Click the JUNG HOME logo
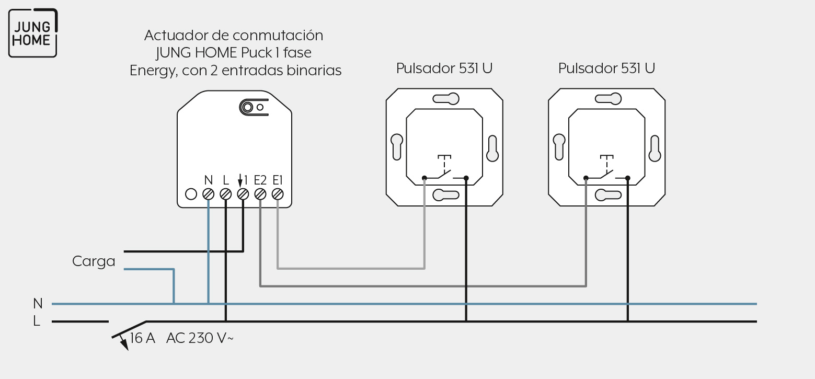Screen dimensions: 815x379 [x=33, y=33]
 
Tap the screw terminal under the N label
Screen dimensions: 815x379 [x=208, y=194]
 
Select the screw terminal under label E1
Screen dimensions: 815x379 [x=278, y=194]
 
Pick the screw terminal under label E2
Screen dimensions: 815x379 [x=260, y=194]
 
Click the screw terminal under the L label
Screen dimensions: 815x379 [x=226, y=194]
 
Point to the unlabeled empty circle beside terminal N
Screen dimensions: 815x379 [x=191, y=194]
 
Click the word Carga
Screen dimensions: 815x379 [x=94, y=261]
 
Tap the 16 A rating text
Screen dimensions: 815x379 [x=143, y=338]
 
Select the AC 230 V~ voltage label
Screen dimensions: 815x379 [x=200, y=338]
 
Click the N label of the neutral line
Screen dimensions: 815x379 [x=38, y=303]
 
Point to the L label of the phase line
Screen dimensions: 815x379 [x=37, y=321]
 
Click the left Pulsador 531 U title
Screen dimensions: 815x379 [x=444, y=68]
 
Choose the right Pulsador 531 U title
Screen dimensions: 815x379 [x=606, y=68]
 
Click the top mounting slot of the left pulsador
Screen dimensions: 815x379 [x=446, y=99]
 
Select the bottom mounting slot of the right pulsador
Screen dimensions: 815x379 [x=608, y=195]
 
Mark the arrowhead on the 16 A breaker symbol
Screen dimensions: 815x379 [x=124, y=345]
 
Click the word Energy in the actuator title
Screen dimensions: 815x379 [x=154, y=71]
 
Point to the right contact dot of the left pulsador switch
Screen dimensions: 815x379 [x=466, y=178]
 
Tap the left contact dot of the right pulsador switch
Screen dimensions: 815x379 [x=586, y=178]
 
